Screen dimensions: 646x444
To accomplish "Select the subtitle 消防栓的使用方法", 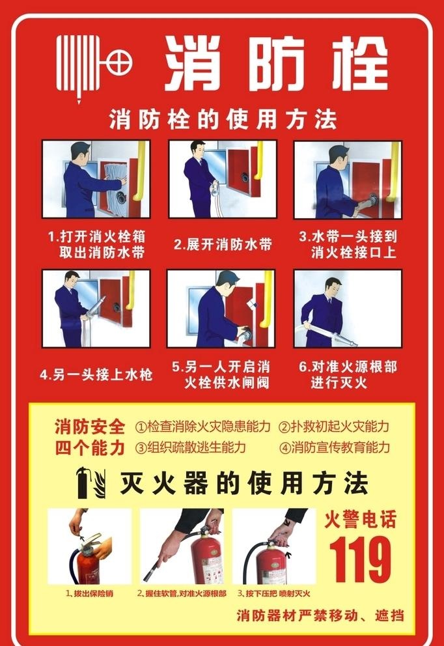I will (223, 120).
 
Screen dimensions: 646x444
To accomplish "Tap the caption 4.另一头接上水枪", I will (96, 375).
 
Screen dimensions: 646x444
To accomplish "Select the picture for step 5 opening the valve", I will (221, 308).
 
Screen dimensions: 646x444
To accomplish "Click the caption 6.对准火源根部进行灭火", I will (348, 375).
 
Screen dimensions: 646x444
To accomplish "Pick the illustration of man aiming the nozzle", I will (348, 308).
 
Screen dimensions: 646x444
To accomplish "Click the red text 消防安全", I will (89, 427).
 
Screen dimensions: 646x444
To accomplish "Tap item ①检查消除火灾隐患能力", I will (202, 427).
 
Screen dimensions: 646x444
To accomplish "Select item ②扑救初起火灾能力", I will (334, 427).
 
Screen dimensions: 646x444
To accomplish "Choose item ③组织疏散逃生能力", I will (190, 448).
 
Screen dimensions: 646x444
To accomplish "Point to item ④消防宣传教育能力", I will (334, 448).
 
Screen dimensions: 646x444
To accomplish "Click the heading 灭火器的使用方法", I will (244, 483).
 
